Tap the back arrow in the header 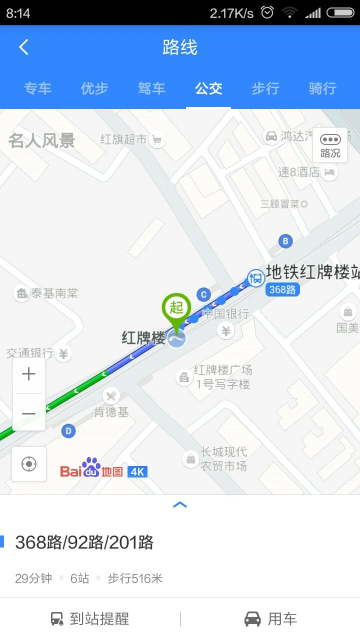(x=23, y=47)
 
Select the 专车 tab (x=37, y=89)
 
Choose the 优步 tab (x=94, y=89)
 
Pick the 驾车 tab (x=151, y=89)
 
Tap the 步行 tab (x=265, y=89)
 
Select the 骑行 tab (x=322, y=89)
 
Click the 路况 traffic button (x=330, y=145)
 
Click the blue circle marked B (x=285, y=241)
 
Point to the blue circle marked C (x=203, y=294)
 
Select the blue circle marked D (x=68, y=430)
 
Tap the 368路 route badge (x=282, y=289)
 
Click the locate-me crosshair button (x=29, y=464)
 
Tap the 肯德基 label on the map (x=111, y=412)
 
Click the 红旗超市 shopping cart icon (x=157, y=140)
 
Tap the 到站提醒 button (x=90, y=619)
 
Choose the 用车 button (x=270, y=619)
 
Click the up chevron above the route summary (x=180, y=505)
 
